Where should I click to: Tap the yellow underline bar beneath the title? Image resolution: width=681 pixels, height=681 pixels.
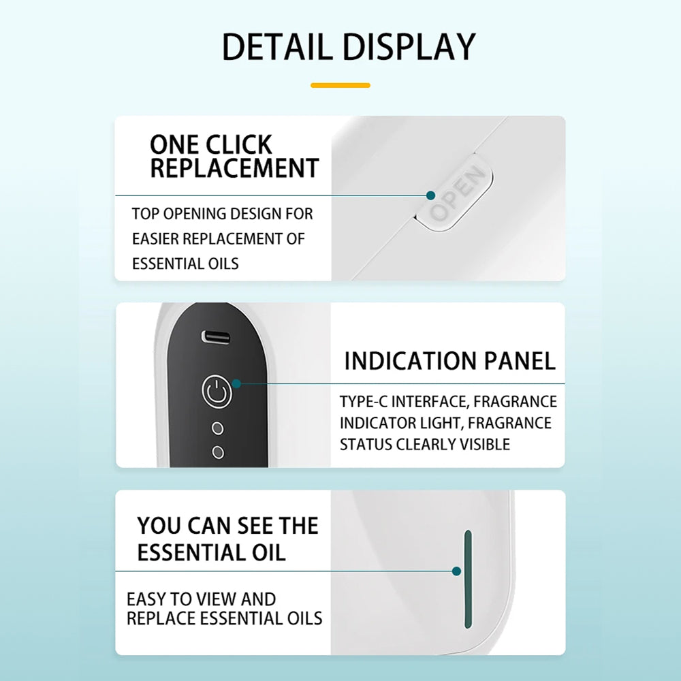pyautogui.click(x=340, y=86)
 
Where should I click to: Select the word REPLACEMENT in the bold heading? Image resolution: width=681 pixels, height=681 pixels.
pyautogui.click(x=234, y=168)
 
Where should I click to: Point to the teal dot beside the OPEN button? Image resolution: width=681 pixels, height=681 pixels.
pyautogui.click(x=431, y=195)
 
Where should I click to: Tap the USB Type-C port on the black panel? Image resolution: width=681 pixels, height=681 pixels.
pyautogui.click(x=216, y=337)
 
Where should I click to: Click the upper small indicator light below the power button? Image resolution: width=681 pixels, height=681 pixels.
pyautogui.click(x=218, y=428)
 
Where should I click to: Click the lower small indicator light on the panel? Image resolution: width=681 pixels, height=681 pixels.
pyautogui.click(x=218, y=453)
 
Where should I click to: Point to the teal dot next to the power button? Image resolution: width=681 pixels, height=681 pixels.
pyautogui.click(x=237, y=383)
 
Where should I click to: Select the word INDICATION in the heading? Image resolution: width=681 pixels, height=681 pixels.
pyautogui.click(x=410, y=361)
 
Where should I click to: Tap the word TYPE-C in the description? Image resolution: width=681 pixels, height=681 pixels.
pyautogui.click(x=363, y=402)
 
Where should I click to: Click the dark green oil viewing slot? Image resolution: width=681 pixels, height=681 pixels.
pyautogui.click(x=468, y=579)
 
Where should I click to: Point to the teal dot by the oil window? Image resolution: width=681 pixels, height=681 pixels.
pyautogui.click(x=456, y=571)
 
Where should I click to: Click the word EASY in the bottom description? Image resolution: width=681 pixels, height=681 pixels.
pyautogui.click(x=146, y=599)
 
